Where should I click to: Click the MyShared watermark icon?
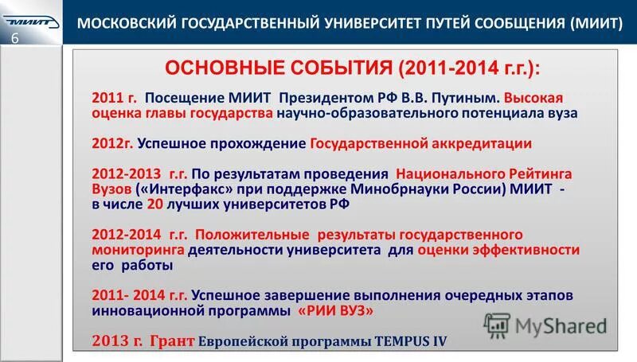[x=498, y=323]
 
